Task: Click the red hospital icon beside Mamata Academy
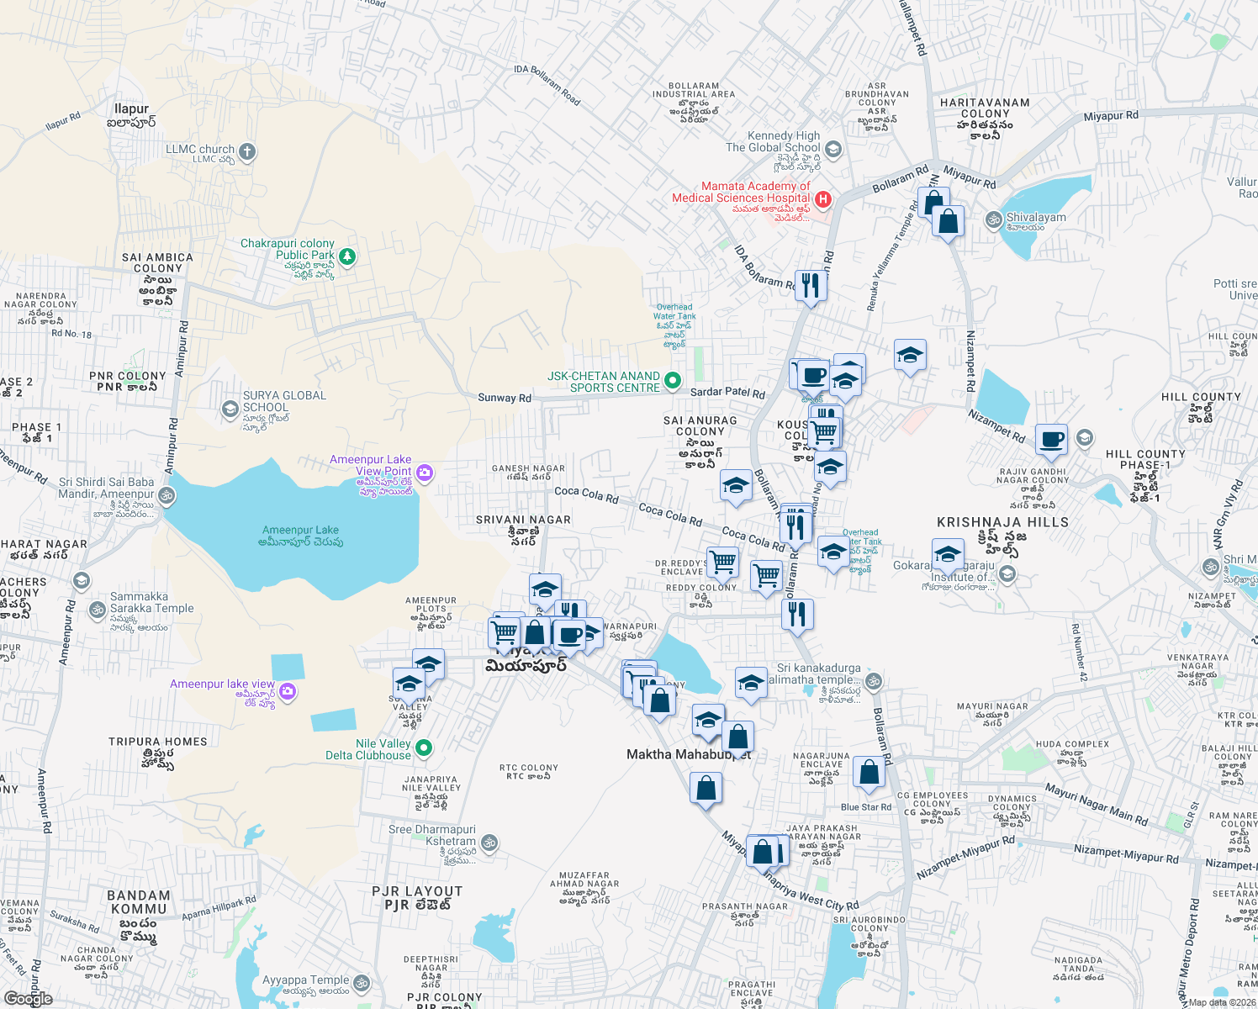pyautogui.click(x=823, y=199)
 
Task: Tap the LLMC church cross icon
pyautogui.click(x=246, y=152)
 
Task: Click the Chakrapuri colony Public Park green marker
pyautogui.click(x=346, y=256)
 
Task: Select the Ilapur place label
pyautogui.click(x=131, y=109)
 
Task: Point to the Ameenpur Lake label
pyautogui.click(x=300, y=531)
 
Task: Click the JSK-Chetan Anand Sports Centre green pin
pyautogui.click(x=673, y=381)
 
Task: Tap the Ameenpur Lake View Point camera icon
pyautogui.click(x=425, y=473)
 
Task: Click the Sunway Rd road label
pyautogui.click(x=505, y=398)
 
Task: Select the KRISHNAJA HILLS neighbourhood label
pyautogui.click(x=1002, y=522)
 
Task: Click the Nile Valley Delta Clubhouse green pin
pyautogui.click(x=424, y=748)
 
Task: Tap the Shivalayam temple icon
pyautogui.click(x=993, y=220)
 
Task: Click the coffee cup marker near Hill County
pyautogui.click(x=1051, y=439)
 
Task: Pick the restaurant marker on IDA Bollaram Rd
pyautogui.click(x=810, y=285)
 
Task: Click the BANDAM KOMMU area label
pyautogui.click(x=140, y=902)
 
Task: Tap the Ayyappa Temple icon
pyautogui.click(x=362, y=982)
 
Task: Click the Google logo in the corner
pyautogui.click(x=28, y=998)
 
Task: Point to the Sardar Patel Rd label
pyautogui.click(x=727, y=393)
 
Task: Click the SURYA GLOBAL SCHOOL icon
pyautogui.click(x=230, y=409)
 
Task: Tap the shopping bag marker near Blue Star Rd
pyautogui.click(x=869, y=771)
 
